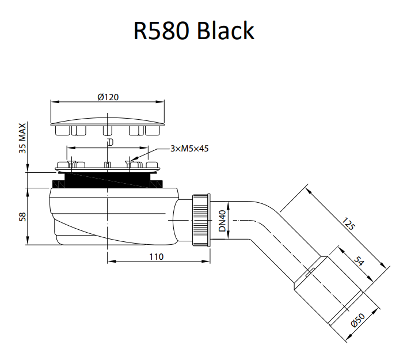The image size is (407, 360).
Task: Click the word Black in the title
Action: click(x=226, y=31)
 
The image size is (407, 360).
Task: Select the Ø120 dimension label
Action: click(x=108, y=97)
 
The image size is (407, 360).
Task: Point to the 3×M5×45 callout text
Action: click(x=189, y=149)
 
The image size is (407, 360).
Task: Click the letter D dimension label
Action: click(x=109, y=142)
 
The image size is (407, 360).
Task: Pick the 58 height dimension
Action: click(x=22, y=217)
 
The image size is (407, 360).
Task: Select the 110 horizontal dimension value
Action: click(x=156, y=256)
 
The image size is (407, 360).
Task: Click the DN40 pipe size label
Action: click(x=222, y=220)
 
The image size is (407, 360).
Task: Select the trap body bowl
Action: click(x=109, y=216)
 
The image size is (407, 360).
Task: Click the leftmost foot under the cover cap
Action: click(x=62, y=131)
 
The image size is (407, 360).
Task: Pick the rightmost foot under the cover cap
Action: click(x=153, y=131)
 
